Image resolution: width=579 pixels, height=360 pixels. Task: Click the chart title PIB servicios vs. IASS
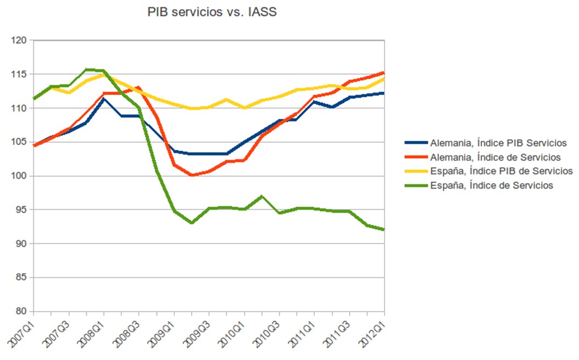[x=211, y=12]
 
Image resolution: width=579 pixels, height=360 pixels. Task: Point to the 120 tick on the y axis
[x=20, y=40]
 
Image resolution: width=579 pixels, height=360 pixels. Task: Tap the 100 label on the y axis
[x=20, y=176]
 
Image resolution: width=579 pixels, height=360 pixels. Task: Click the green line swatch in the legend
[x=416, y=185]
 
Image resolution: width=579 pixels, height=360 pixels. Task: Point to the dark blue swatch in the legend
[x=416, y=143]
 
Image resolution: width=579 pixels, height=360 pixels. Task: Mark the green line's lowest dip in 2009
[x=192, y=223]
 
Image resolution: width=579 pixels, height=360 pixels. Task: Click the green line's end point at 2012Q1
[x=383, y=229]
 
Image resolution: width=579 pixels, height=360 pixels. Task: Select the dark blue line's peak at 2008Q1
[x=103, y=99]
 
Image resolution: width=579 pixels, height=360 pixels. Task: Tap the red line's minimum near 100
[x=192, y=175]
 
